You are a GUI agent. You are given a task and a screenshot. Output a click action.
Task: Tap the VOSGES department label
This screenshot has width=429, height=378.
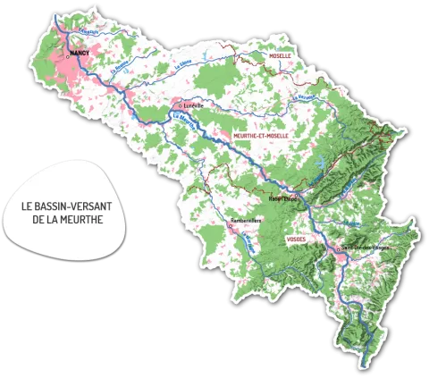(x=296, y=239)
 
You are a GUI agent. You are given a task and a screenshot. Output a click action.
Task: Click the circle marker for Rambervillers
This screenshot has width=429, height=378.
(x=231, y=225)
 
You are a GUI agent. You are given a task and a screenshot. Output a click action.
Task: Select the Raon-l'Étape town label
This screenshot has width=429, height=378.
(x=283, y=199)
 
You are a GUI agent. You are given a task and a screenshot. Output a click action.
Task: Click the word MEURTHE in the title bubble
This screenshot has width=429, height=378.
(x=81, y=219)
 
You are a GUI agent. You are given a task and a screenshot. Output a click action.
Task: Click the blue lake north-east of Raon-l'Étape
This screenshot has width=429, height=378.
(x=319, y=164)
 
